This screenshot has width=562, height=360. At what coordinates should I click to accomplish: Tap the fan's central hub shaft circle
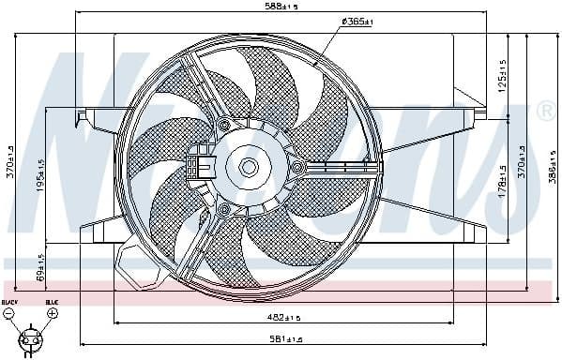coord(249,167)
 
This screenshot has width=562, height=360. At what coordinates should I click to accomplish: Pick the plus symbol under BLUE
coord(52,313)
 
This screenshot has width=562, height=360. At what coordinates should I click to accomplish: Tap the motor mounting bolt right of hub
coord(297,168)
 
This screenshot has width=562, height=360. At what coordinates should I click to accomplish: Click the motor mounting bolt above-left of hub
coord(223,125)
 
